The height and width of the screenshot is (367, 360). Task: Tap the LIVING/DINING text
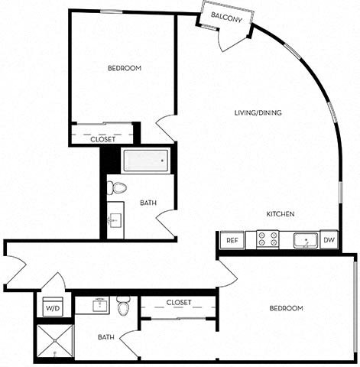tap(258, 113)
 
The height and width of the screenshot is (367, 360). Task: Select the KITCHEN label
tap(281, 215)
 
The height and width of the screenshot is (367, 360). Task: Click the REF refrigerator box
tap(232, 241)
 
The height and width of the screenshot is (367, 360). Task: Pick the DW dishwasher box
tap(329, 240)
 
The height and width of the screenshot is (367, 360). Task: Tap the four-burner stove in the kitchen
tap(268, 240)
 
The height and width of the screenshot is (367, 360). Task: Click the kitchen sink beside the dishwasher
tap(306, 240)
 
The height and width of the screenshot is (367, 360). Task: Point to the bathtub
tap(146, 161)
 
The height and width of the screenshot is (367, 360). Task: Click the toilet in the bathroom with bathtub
tap(117, 187)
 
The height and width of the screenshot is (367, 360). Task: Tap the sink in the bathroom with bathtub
tap(115, 221)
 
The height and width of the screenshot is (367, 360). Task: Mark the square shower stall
tap(55, 342)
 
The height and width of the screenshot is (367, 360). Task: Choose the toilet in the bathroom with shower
tap(123, 306)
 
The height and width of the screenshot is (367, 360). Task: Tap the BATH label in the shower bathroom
tap(106, 336)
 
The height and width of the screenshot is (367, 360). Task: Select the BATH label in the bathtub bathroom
tap(148, 203)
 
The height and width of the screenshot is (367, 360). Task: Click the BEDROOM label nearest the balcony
tap(124, 69)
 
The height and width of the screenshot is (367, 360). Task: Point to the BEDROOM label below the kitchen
tap(287, 308)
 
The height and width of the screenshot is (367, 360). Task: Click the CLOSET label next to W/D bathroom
tap(178, 303)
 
